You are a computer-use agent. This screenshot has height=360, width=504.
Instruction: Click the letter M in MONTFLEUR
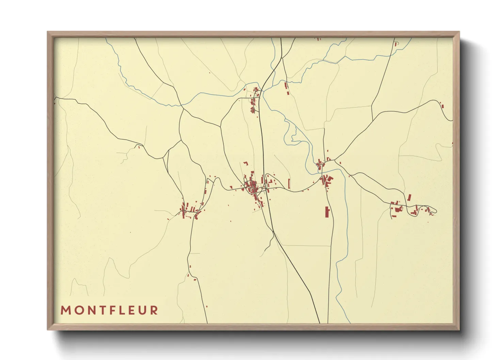[x=65, y=310]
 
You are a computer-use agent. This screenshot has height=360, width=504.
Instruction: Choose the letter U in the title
[x=143, y=310]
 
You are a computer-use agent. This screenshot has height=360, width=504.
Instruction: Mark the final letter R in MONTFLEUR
[x=154, y=310]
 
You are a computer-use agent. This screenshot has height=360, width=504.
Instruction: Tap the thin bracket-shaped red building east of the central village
[x=289, y=183]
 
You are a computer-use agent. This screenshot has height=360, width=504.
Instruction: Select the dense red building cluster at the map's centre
[x=253, y=186]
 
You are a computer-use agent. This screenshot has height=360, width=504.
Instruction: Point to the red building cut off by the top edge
[x=318, y=39]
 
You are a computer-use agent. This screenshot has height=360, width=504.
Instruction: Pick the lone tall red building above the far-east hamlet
[x=409, y=197]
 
